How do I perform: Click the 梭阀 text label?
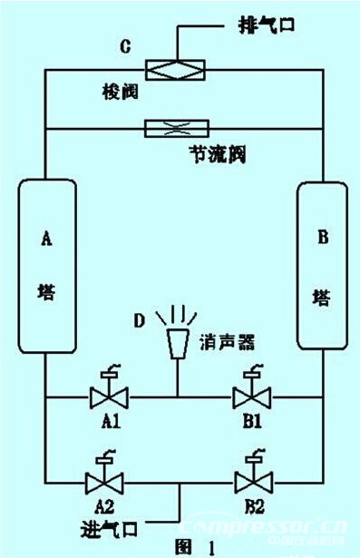pos(116,92)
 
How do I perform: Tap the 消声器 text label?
pos(227,343)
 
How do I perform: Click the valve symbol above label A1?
pos(109,396)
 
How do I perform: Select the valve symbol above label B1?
pos(246,396)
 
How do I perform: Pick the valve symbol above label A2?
pos(109,479)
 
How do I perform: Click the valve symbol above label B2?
pos(246,479)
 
